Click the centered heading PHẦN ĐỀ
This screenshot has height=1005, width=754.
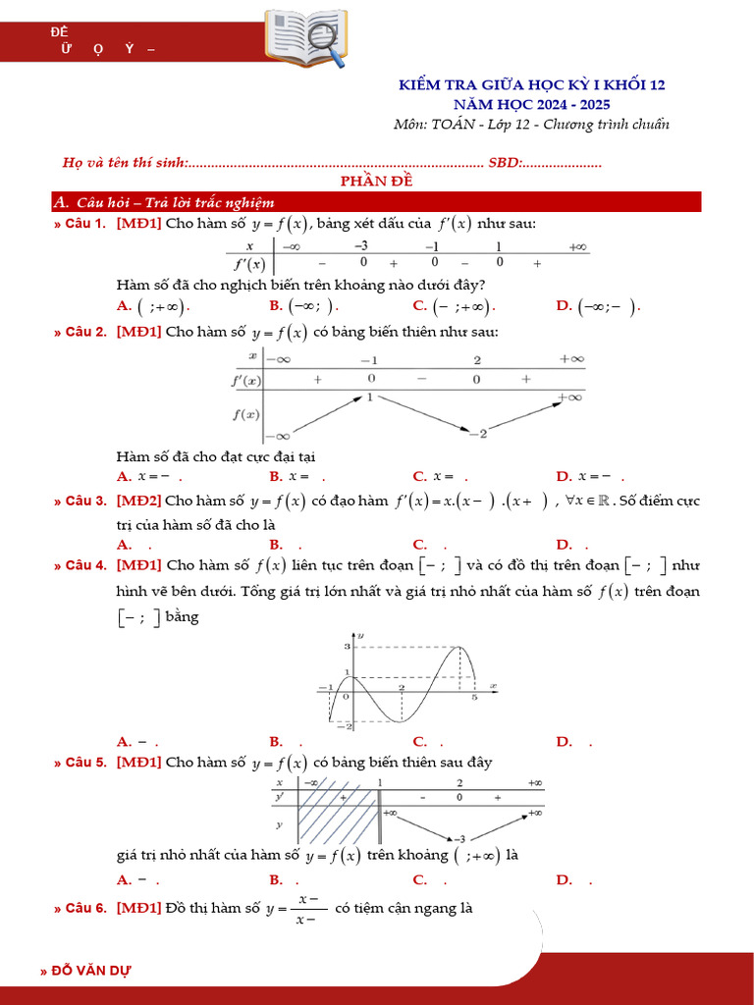point(377,182)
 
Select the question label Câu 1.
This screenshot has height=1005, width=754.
point(85,224)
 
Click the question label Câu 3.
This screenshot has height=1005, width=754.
point(85,501)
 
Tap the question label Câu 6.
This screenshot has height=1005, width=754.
point(85,908)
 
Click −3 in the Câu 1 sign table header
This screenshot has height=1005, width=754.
point(361,246)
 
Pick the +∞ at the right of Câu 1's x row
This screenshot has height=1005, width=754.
point(577,247)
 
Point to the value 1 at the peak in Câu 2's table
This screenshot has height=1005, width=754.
point(370,397)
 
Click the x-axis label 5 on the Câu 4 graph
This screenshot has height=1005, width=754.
point(474,698)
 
